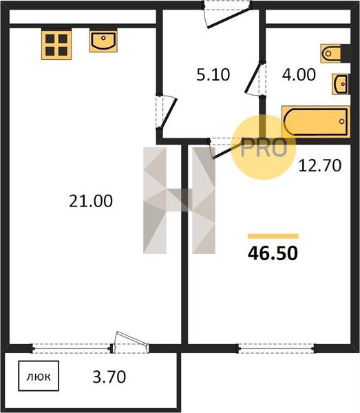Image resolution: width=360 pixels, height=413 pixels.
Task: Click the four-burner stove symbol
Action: [56, 45]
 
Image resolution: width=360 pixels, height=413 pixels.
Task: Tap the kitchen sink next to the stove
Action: [103, 41]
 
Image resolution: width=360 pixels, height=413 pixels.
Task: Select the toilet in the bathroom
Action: [335, 54]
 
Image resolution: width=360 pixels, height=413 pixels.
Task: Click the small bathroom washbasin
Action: [341, 84]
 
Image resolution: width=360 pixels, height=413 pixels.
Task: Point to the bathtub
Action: [316, 122]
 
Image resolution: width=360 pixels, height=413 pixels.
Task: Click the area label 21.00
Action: [91, 201]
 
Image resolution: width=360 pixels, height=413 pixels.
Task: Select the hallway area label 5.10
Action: [213, 74]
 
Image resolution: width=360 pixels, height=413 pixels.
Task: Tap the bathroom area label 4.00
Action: [299, 74]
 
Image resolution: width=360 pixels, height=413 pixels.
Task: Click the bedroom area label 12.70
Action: [319, 166]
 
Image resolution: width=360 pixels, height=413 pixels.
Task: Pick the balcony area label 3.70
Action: [109, 377]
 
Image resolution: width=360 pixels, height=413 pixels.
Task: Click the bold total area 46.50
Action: [273, 253]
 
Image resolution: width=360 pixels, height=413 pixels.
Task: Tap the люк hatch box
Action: [39, 376]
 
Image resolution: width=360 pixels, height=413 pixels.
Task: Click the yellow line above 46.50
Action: [273, 236]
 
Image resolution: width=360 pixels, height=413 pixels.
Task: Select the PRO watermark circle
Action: [264, 147]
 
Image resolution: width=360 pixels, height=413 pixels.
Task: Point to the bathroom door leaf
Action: [251, 78]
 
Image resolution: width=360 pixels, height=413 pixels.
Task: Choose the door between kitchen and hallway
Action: [169, 113]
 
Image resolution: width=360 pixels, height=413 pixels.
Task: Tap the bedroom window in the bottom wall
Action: [276, 349]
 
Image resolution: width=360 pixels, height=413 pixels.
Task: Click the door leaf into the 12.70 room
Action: [227, 151]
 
